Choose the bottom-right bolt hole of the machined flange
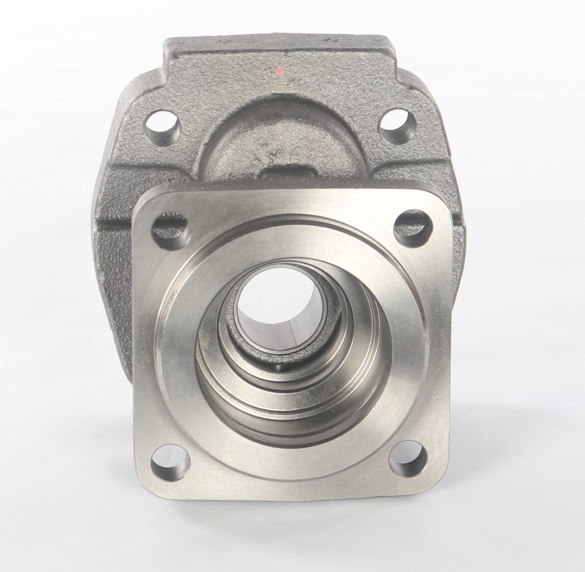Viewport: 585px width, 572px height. (407, 458)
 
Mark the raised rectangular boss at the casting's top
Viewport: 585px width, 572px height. (279, 53)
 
